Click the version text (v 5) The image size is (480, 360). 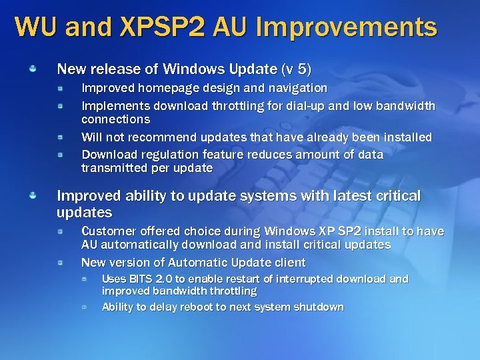[x=296, y=69]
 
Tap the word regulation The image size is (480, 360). [x=167, y=155]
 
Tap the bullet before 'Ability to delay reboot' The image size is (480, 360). [x=85, y=307]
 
